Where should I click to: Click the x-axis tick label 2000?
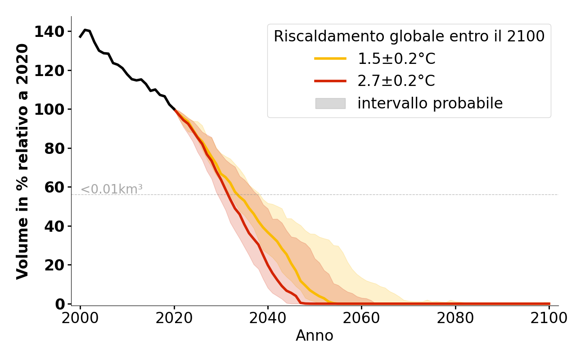[x=80, y=318]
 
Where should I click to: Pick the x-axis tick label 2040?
[x=268, y=318]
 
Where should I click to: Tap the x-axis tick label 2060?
[x=361, y=318]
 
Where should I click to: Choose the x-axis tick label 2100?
[x=549, y=318]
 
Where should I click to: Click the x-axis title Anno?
[x=315, y=336]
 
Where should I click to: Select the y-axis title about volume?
[x=22, y=161]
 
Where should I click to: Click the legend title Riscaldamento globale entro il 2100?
[x=409, y=36]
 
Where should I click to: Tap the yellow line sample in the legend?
[x=330, y=58]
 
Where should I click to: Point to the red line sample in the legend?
[x=330, y=81]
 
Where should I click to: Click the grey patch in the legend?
[x=330, y=103]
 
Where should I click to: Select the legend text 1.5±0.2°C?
[x=396, y=58]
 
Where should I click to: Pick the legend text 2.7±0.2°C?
[x=396, y=81]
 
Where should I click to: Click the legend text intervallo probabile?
[x=430, y=103]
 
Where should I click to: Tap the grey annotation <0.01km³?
[x=111, y=189]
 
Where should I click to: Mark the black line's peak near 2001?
[x=85, y=30]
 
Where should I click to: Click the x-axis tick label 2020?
[x=174, y=318]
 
